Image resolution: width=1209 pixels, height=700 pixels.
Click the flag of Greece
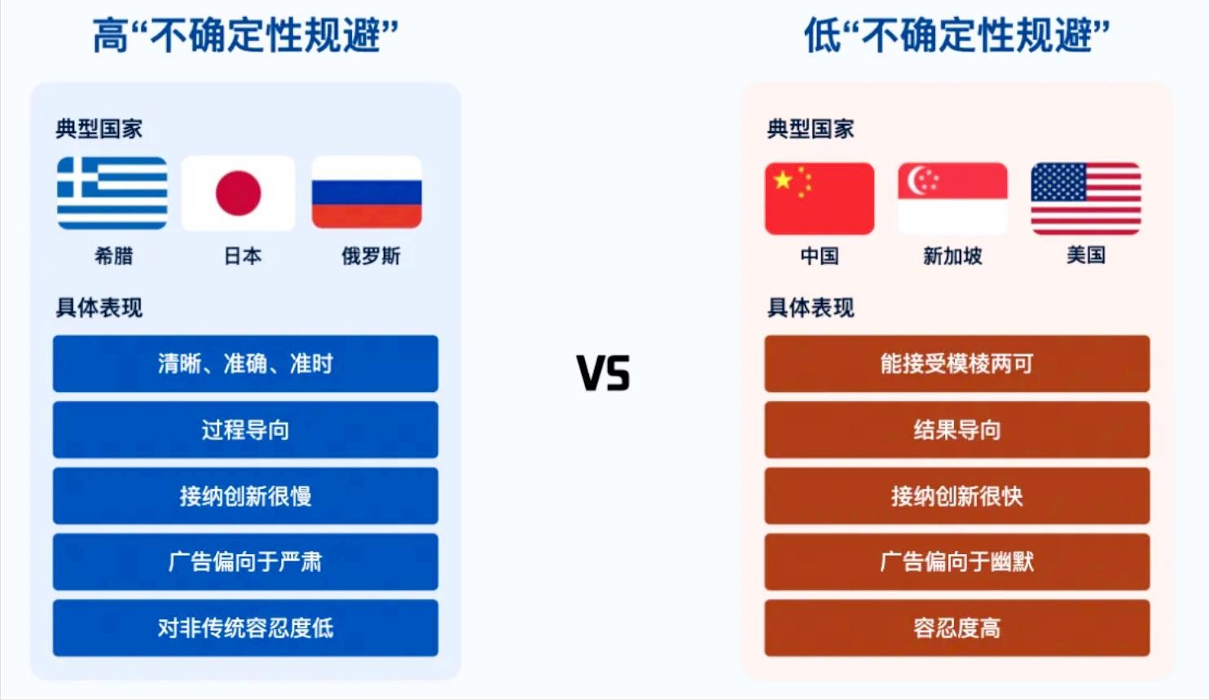(x=112, y=192)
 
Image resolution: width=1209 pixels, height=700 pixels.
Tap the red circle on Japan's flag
(x=238, y=192)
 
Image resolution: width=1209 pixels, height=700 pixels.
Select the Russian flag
(x=367, y=192)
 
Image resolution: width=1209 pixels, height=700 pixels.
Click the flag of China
(x=820, y=199)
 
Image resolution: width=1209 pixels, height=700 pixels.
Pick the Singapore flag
(x=952, y=199)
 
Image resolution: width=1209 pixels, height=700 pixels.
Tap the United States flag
(x=1086, y=199)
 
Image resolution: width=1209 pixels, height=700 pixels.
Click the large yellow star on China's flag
(x=783, y=180)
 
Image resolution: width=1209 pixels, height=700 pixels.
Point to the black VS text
(x=603, y=372)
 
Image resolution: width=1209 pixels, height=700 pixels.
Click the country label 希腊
(x=113, y=256)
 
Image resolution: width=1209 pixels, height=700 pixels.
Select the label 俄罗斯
(x=371, y=256)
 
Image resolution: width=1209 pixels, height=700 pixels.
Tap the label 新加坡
(x=952, y=256)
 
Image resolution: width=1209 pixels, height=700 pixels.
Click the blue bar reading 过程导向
(x=245, y=429)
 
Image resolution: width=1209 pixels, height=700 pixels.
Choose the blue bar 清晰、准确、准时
(x=245, y=363)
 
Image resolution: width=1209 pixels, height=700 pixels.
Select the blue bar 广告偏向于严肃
(x=245, y=561)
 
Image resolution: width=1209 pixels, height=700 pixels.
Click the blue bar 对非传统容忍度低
(x=245, y=627)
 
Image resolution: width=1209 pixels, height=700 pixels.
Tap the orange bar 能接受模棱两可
(x=957, y=363)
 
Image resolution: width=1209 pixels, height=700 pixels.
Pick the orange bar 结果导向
(x=957, y=429)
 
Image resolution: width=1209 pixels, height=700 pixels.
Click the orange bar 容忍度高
(x=957, y=627)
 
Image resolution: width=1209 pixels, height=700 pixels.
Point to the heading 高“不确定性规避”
(x=245, y=35)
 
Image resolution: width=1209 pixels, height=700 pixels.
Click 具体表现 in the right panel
(x=811, y=308)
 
